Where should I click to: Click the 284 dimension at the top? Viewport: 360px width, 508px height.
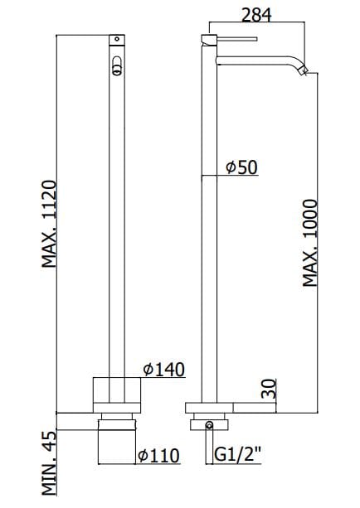[x=256, y=14]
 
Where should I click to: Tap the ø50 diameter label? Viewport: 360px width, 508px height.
[x=242, y=167]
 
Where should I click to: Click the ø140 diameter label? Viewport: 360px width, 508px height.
[x=163, y=369]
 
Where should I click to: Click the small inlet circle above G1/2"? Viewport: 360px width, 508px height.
[x=208, y=426]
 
